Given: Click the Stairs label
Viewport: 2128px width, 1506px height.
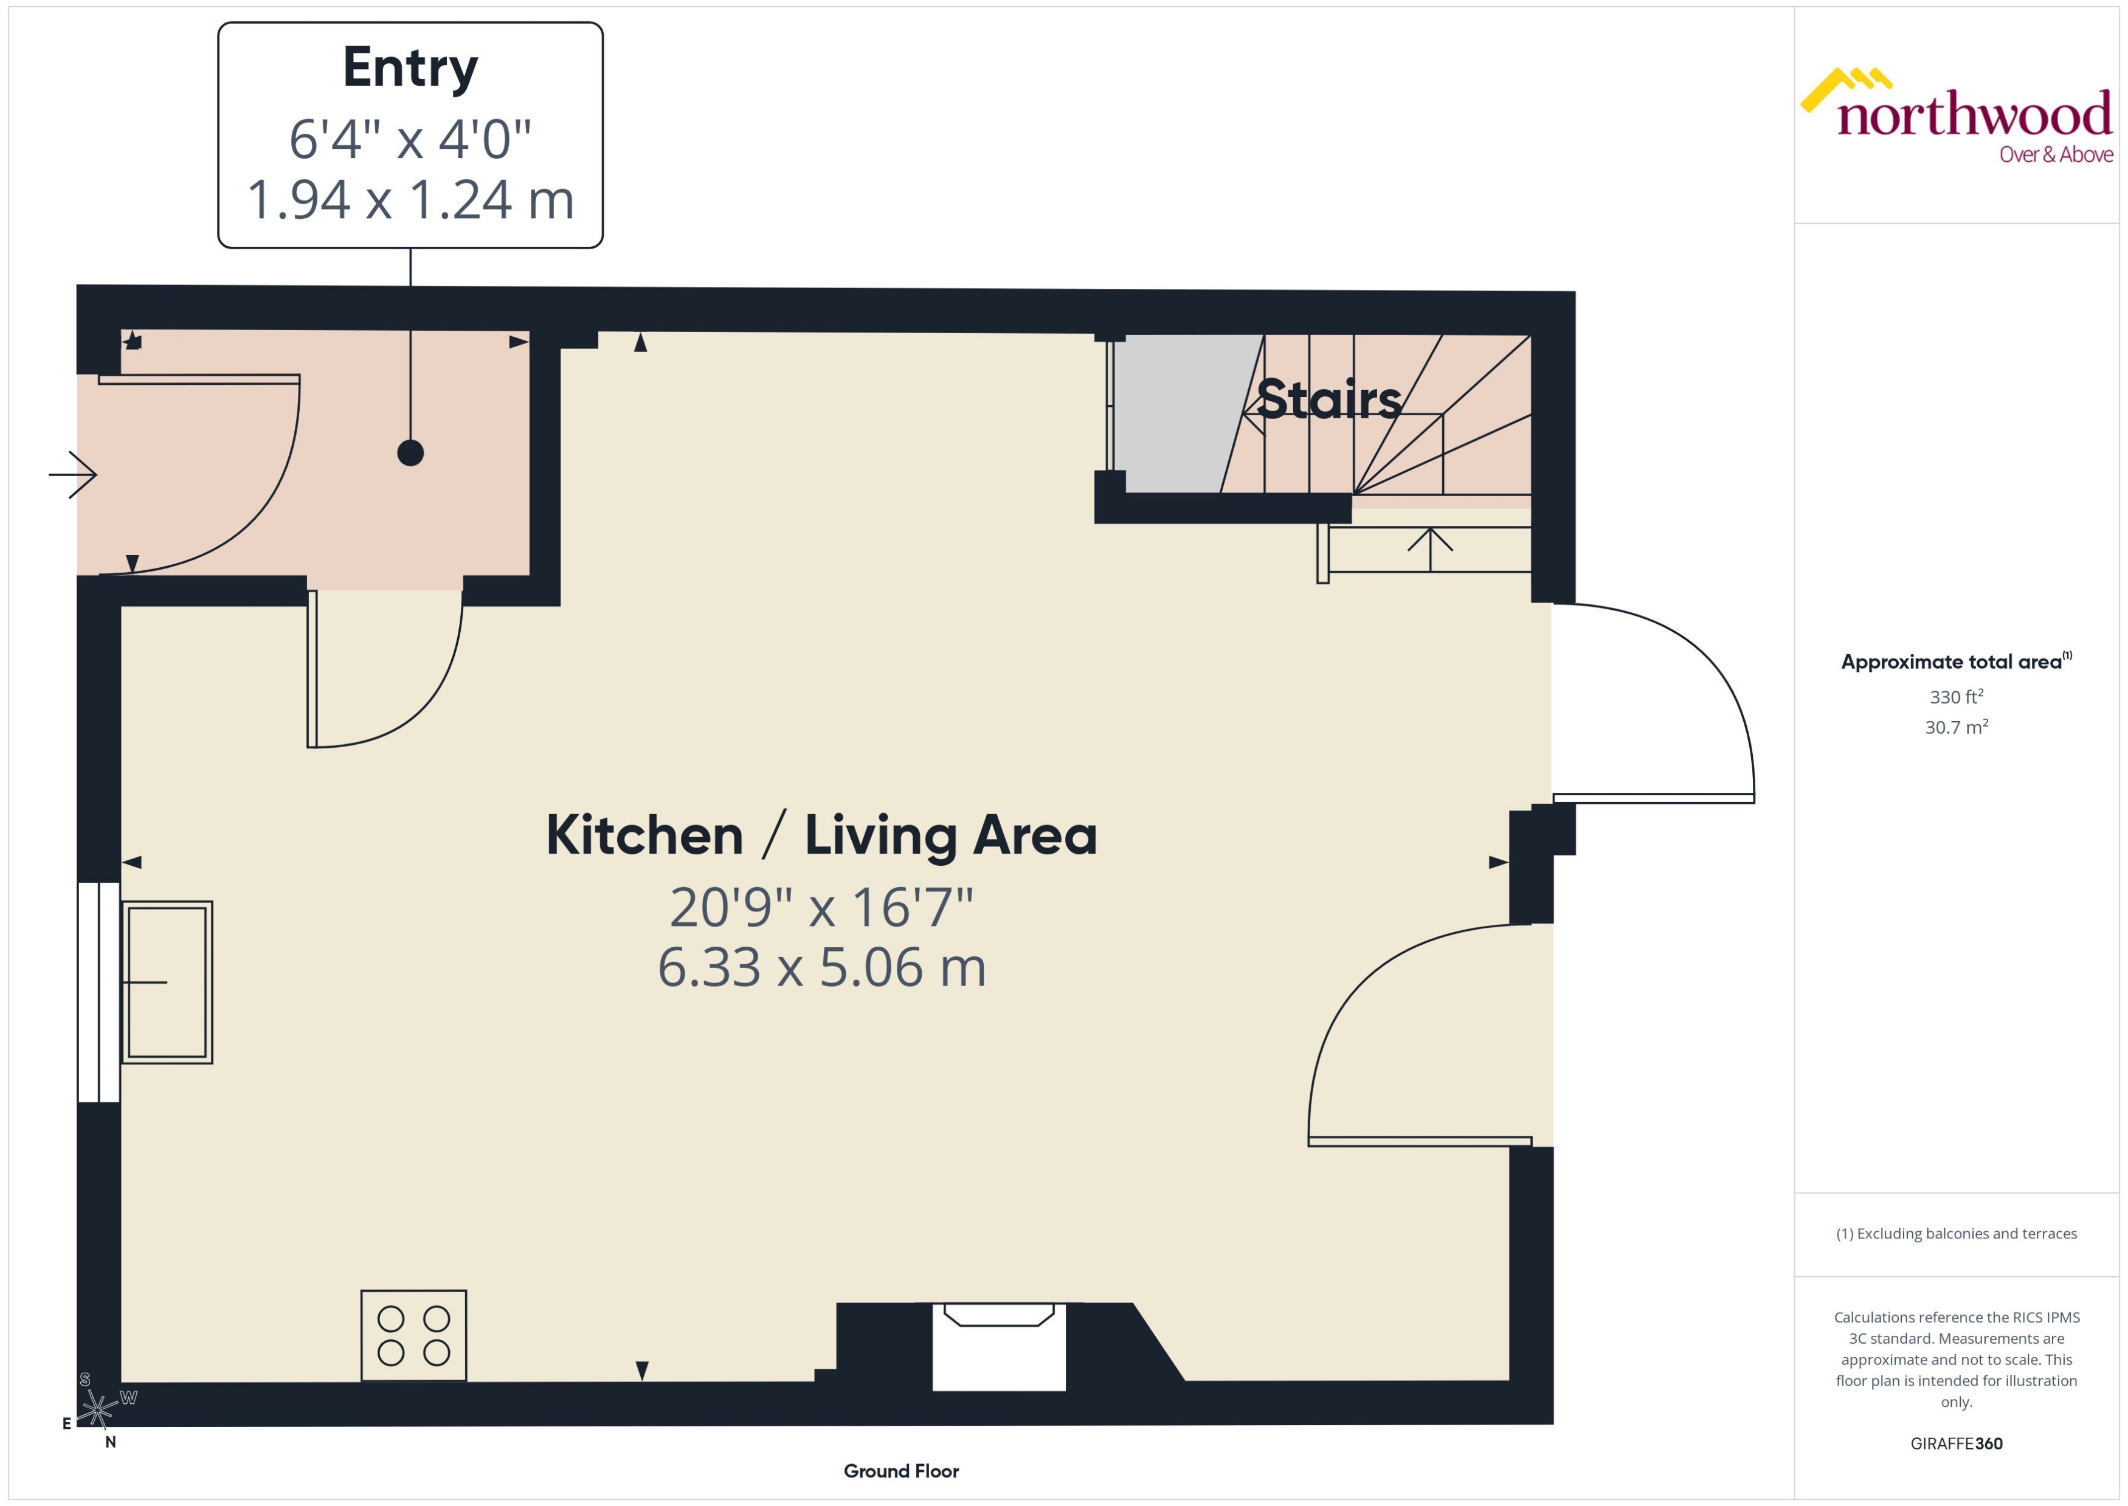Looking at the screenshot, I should pyautogui.click(x=1328, y=399).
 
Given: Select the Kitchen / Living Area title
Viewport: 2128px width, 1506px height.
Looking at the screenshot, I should pyautogui.click(x=821, y=835).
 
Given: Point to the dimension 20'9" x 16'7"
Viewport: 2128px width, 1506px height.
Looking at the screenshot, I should pyautogui.click(x=821, y=907).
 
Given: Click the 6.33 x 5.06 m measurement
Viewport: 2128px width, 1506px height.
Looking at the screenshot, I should pyautogui.click(x=821, y=967).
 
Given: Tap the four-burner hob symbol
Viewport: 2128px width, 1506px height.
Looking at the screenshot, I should pyautogui.click(x=413, y=1335).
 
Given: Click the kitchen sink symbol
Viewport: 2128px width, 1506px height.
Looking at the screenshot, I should pyautogui.click(x=167, y=981).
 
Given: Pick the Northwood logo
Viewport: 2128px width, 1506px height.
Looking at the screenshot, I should pyautogui.click(x=1957, y=116).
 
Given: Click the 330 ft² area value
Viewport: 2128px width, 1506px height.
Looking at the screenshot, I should pyautogui.click(x=1957, y=696).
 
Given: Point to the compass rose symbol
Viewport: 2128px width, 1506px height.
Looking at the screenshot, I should pyautogui.click(x=97, y=1409).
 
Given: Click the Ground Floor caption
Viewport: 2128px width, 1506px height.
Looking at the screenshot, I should pyautogui.click(x=900, y=1471).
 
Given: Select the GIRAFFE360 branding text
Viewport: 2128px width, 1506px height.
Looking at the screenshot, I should pyautogui.click(x=1957, y=1444).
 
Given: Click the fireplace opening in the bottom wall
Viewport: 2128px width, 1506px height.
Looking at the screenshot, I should pyautogui.click(x=998, y=1349).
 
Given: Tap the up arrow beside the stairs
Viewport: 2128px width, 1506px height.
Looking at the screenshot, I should pyautogui.click(x=1430, y=548).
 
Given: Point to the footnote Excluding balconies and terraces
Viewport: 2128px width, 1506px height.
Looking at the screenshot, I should pyautogui.click(x=1957, y=1234).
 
